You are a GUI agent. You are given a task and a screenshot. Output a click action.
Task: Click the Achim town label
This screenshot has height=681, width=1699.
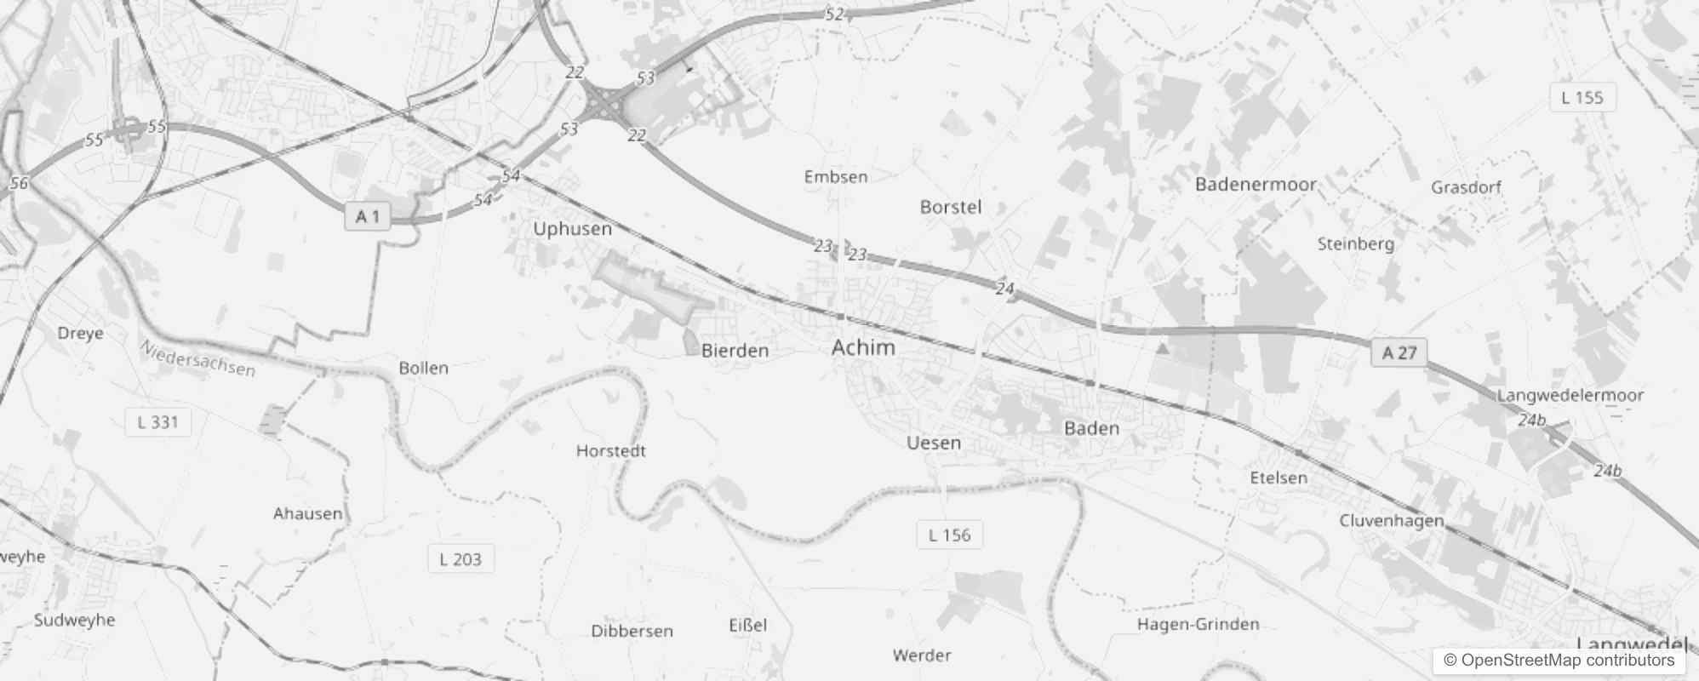863,347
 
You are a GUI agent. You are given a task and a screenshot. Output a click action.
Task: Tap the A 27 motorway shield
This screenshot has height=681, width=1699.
1399,352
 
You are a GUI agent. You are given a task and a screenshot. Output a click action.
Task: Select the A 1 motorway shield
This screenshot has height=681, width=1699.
367,217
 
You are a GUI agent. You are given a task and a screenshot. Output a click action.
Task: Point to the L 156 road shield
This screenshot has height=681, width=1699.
949,535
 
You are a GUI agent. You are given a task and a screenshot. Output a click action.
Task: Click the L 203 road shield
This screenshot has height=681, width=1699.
461,559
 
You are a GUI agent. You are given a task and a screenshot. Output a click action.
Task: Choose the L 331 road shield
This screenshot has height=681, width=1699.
157,421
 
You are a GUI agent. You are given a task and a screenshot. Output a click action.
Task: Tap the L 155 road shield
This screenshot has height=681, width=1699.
1582,98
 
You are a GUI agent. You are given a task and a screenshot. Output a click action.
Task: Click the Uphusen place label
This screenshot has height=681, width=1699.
572,229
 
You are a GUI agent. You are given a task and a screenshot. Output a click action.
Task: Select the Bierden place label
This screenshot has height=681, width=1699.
735,351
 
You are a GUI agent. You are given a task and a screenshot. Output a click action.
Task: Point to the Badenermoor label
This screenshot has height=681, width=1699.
1256,185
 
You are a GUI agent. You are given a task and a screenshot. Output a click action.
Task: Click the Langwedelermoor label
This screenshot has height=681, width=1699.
1570,395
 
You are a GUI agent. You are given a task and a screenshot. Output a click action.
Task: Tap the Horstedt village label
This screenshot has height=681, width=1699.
610,451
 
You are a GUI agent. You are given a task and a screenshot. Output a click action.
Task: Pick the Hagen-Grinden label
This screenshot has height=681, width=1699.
1198,625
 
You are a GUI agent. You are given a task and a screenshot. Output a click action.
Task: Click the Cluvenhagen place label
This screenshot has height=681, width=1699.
1392,521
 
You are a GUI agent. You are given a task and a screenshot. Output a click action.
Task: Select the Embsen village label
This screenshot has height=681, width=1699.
836,177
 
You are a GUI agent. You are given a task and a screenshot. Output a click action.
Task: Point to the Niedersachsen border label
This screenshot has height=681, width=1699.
197,358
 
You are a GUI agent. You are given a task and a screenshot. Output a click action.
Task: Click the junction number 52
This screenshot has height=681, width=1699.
834,14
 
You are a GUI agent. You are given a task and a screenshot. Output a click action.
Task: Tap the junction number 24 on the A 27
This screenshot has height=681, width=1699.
1004,289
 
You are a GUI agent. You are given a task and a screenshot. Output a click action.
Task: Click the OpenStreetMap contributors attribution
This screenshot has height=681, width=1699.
1559,661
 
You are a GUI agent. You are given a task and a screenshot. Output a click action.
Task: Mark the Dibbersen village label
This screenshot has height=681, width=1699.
632,632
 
